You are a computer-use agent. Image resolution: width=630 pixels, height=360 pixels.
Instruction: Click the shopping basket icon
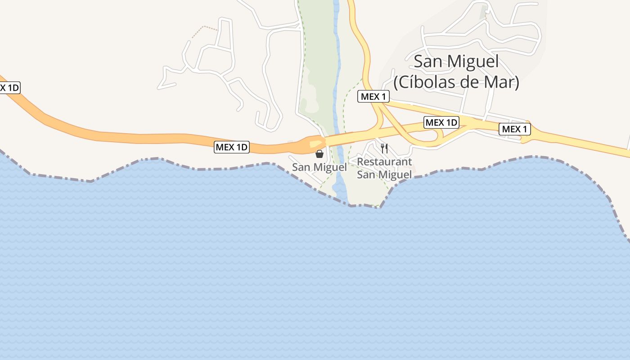click(319, 154)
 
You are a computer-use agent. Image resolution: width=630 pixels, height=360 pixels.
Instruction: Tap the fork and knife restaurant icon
click(384, 148)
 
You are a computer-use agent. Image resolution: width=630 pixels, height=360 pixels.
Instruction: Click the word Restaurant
click(384, 162)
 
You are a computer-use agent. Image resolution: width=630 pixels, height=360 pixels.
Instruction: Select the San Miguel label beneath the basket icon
click(319, 167)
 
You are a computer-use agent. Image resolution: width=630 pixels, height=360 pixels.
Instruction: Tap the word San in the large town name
click(429, 62)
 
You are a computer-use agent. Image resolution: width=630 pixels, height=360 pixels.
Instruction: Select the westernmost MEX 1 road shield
click(373, 96)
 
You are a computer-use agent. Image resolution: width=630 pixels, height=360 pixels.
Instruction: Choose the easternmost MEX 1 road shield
click(515, 130)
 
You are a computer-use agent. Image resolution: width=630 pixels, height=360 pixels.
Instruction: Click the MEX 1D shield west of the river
click(232, 147)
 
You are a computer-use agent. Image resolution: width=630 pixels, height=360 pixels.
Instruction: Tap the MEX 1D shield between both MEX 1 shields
click(441, 122)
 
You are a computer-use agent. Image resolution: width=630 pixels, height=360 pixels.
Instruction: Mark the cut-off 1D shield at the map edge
click(9, 87)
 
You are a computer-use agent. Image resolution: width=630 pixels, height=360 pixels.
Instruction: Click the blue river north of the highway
click(336, 67)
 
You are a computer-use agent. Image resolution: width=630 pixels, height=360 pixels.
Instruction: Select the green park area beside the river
click(317, 54)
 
